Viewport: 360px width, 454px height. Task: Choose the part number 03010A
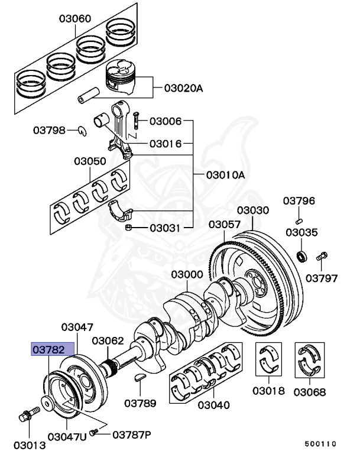click(x=225, y=175)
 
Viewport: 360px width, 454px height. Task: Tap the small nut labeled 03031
click(x=128, y=227)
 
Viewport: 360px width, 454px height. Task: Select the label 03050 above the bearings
click(x=90, y=161)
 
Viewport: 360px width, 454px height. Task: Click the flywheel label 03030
click(x=253, y=210)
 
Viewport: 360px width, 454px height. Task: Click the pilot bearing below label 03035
click(x=302, y=256)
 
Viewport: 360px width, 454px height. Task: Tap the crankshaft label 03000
click(x=187, y=275)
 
